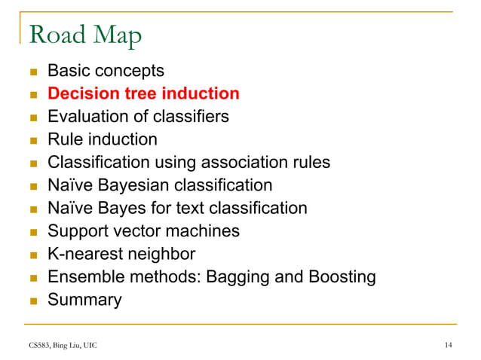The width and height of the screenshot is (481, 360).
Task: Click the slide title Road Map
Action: click(x=84, y=35)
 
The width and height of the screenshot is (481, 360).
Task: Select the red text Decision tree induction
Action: click(x=143, y=94)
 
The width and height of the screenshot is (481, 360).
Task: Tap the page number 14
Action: click(x=449, y=345)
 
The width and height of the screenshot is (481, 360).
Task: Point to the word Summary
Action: click(x=84, y=300)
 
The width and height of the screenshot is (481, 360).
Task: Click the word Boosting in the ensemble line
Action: click(x=339, y=277)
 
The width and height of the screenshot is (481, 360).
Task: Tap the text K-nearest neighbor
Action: click(x=121, y=254)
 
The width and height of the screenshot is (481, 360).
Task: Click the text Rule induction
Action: click(x=103, y=139)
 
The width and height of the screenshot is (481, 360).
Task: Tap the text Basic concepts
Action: click(x=106, y=72)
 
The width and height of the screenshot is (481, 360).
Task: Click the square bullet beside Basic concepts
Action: click(x=32, y=72)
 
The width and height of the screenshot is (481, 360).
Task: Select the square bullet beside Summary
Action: click(x=32, y=301)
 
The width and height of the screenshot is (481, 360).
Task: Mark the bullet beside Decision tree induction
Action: click(x=32, y=95)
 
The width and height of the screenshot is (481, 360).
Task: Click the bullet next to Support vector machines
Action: click(x=32, y=232)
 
